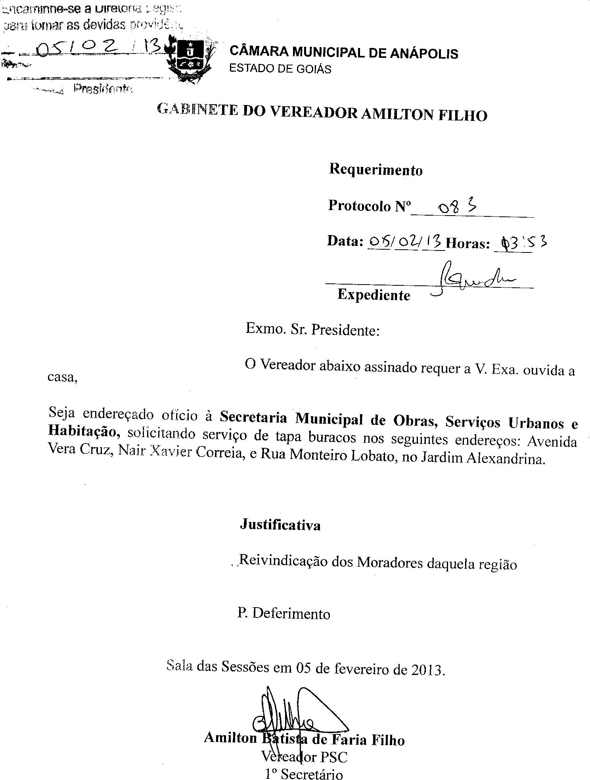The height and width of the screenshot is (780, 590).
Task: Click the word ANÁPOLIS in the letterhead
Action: (x=424, y=53)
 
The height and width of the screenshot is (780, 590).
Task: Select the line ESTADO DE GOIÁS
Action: (x=280, y=69)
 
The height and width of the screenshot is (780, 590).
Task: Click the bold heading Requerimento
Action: (x=375, y=170)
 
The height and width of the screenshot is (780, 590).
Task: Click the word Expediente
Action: (x=374, y=295)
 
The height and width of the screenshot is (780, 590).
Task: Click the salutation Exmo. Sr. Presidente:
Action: (x=312, y=329)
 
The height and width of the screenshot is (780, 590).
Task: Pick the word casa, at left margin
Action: (x=62, y=377)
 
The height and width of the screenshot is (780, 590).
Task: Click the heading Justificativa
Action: (x=280, y=525)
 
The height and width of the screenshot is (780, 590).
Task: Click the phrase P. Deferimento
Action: (x=284, y=614)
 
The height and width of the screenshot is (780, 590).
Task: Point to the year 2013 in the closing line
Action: (x=428, y=670)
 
